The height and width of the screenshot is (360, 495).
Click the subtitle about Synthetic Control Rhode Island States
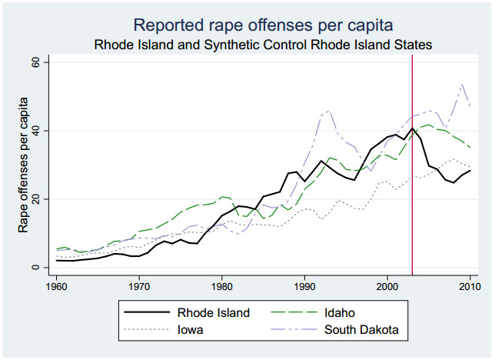263,44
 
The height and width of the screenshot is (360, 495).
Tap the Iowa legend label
191,331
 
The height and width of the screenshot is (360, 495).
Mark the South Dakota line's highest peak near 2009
461,85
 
